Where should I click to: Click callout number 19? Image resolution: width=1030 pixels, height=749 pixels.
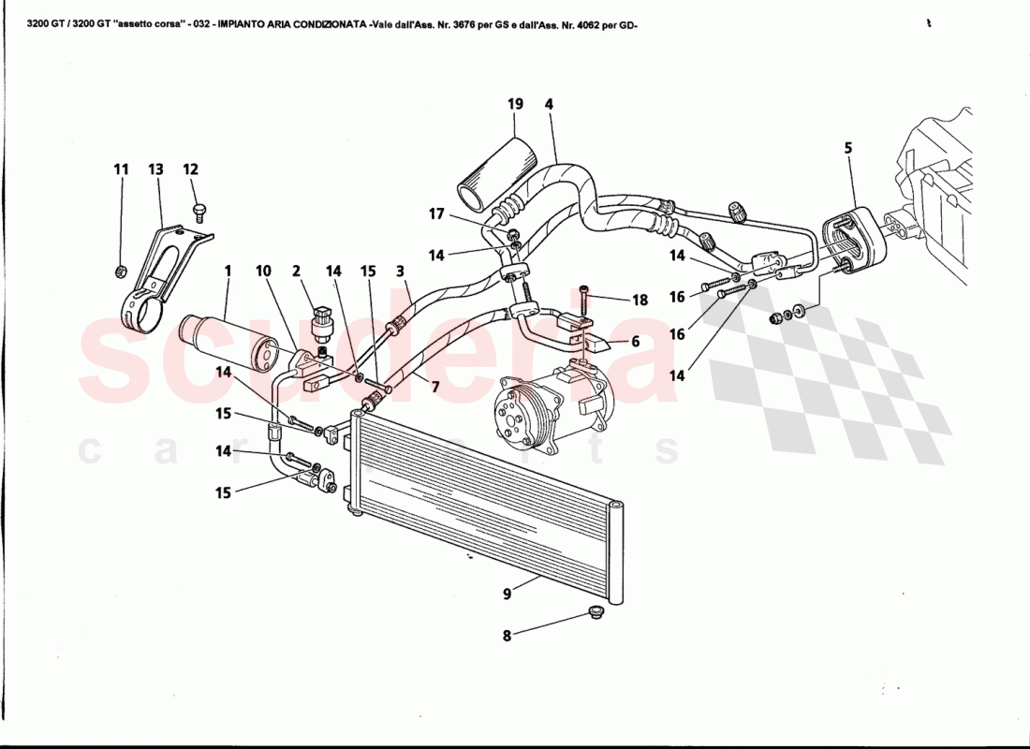pos(515,104)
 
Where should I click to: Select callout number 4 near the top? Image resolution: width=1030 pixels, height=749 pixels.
pos(549,104)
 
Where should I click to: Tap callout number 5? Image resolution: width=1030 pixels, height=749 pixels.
pos(847,147)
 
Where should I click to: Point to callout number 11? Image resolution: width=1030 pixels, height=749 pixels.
pos(121,169)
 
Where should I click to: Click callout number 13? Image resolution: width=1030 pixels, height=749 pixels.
pos(155,169)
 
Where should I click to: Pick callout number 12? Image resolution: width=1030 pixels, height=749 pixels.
pos(191,169)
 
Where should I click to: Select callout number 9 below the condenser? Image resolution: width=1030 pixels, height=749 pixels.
pos(507,593)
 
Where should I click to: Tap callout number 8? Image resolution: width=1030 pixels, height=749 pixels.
pos(507,635)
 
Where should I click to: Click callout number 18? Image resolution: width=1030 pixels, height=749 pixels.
pos(640,301)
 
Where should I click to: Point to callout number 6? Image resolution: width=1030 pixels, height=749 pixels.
pos(635,343)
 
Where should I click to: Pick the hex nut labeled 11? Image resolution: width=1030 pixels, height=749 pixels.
pos(120,272)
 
